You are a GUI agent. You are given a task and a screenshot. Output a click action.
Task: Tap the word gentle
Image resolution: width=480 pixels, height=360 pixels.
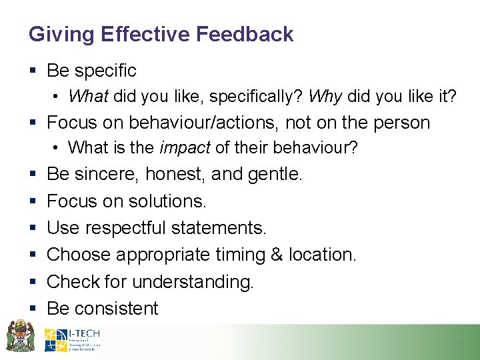click(275, 175)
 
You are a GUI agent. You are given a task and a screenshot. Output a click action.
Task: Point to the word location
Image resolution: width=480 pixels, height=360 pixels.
click(325, 255)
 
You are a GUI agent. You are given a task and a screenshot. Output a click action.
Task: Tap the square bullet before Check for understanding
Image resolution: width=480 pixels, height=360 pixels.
click(33, 283)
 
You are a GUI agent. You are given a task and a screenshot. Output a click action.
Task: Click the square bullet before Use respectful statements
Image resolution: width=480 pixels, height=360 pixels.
click(33, 229)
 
